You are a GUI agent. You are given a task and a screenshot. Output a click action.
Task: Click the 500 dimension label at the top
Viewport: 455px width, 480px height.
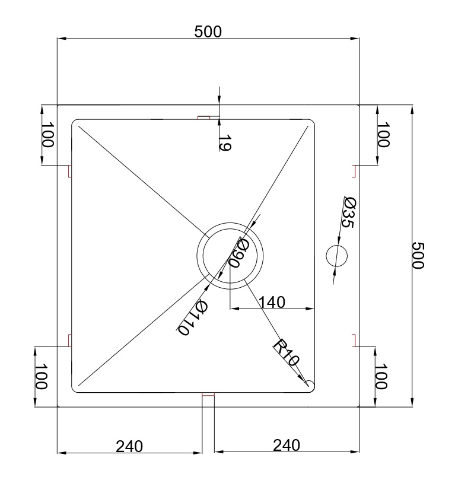click(208, 31)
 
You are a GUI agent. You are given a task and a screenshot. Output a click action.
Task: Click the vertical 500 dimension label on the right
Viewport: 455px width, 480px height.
click(418, 256)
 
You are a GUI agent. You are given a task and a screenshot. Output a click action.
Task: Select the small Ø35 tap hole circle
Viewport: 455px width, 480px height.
click(336, 256)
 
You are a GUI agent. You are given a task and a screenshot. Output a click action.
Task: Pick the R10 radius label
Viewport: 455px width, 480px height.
click(286, 352)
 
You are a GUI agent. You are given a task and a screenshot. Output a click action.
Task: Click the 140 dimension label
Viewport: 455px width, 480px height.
click(272, 302)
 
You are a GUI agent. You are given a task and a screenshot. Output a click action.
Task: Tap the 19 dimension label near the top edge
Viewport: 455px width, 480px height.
click(225, 142)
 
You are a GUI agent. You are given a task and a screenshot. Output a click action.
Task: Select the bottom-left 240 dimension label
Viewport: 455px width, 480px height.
click(129, 447)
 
